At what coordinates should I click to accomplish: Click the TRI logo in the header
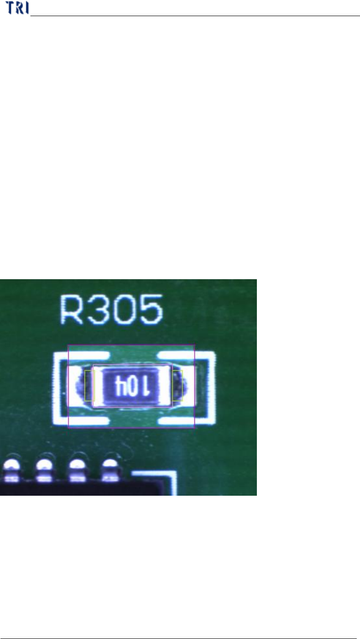pyautogui.click(x=17, y=8)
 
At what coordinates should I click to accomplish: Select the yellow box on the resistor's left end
pyautogui.click(x=89, y=385)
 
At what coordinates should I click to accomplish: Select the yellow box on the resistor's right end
pyautogui.click(x=178, y=385)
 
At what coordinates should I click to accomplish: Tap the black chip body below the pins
pyautogui.click(x=69, y=488)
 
